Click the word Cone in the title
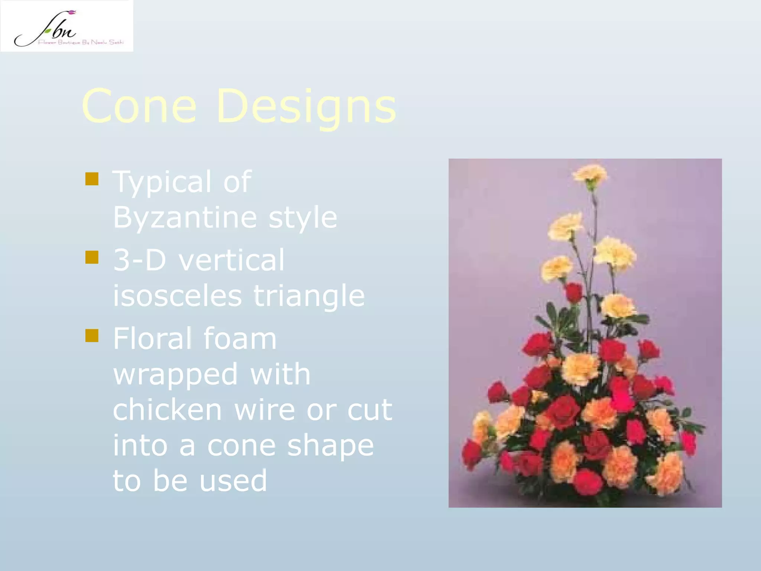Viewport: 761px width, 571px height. click(139, 107)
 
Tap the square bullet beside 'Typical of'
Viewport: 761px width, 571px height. click(92, 179)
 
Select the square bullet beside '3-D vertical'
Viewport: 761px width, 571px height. click(92, 257)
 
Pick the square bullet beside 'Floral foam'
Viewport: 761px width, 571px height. click(92, 336)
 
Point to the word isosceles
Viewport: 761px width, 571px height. click(177, 296)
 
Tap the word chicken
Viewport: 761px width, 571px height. click(167, 410)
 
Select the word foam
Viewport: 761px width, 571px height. click(240, 339)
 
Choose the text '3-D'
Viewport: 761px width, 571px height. click(139, 260)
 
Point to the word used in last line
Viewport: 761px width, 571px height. click(233, 481)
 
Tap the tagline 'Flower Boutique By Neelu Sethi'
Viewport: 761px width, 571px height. click(80, 42)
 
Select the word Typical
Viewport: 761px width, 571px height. click(162, 183)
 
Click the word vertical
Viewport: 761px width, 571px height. click(231, 260)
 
